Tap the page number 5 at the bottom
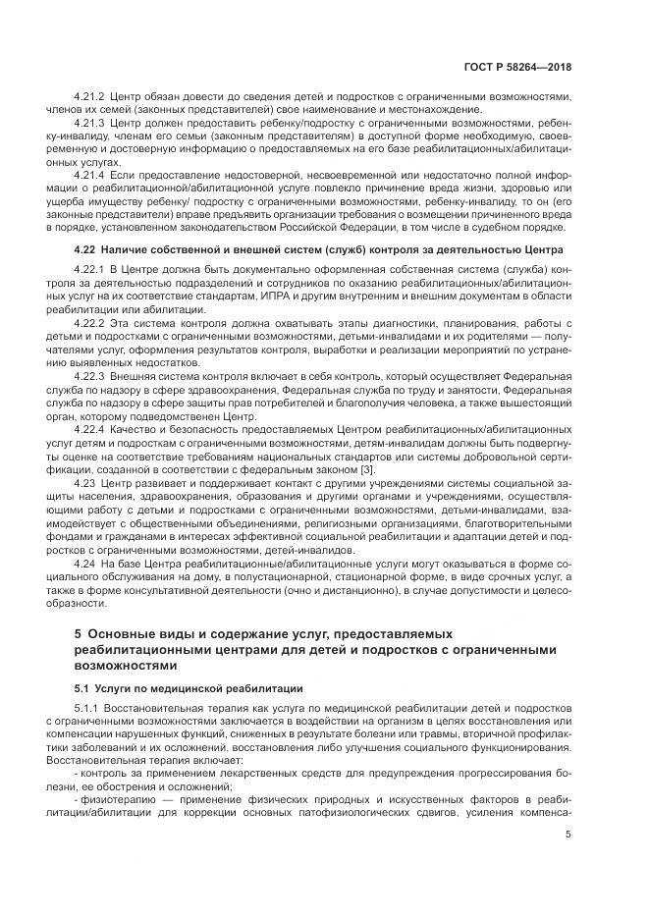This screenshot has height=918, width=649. coord(568,835)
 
